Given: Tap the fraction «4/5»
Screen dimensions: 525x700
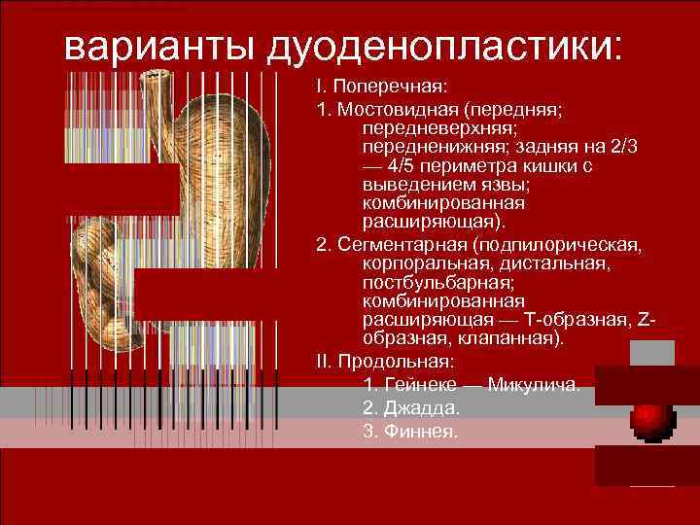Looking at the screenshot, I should pyautogui.click(x=401, y=166).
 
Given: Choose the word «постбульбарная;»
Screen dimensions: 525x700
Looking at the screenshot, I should pyautogui.click(x=426, y=282).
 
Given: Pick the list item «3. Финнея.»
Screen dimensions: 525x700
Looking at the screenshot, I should pyautogui.click(x=401, y=431).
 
